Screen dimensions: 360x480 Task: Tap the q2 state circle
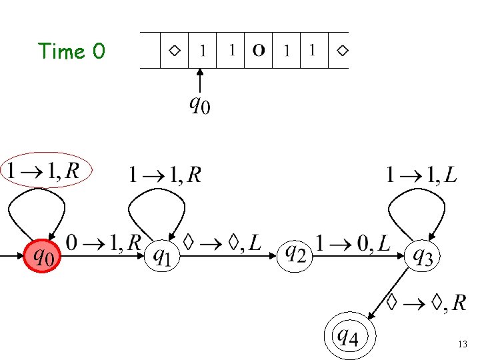coord(295,254)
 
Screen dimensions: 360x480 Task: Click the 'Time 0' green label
coord(71,51)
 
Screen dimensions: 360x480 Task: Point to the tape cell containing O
coord(259,50)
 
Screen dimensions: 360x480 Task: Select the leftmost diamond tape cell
coord(175,50)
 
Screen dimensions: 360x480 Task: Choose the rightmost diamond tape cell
coord(341,50)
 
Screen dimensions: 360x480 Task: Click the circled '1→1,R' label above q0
coord(44,171)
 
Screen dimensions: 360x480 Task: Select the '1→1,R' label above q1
coord(164,175)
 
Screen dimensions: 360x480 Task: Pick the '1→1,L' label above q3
coord(421,175)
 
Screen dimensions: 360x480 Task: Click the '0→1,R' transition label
coord(103,243)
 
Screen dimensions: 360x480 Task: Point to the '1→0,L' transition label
coord(353,243)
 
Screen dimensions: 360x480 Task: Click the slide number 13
coord(463,344)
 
